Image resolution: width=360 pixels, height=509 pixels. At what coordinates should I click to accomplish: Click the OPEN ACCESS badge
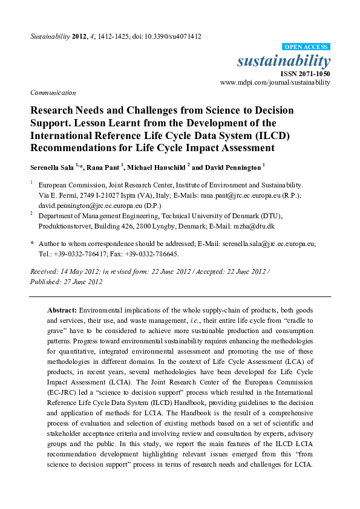click(x=307, y=47)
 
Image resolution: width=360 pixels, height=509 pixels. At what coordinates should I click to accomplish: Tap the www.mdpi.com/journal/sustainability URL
click(x=275, y=82)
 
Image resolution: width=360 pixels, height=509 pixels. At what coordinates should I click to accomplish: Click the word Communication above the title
click(x=53, y=92)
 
